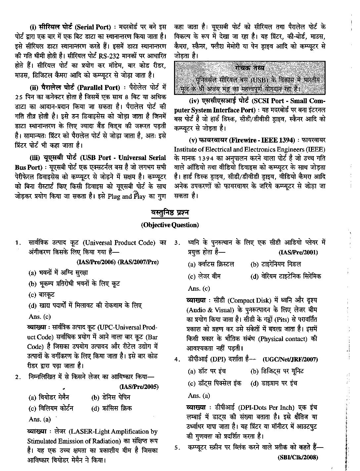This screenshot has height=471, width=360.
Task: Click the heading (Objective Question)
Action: point(170,225)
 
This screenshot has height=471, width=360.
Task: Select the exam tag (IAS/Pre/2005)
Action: point(139,387)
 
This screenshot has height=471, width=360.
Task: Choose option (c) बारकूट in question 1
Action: point(42,295)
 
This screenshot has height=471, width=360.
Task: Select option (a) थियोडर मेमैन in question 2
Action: point(49,397)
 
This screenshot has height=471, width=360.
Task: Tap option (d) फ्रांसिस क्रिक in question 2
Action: point(112,408)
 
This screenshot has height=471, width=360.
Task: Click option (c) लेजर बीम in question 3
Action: point(204,276)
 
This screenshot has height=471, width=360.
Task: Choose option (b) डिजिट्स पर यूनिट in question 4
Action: point(277,371)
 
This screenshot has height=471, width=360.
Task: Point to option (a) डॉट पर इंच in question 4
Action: point(207,371)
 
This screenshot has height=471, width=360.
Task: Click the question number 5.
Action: point(177,448)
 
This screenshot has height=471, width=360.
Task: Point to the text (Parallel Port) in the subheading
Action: point(99,88)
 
